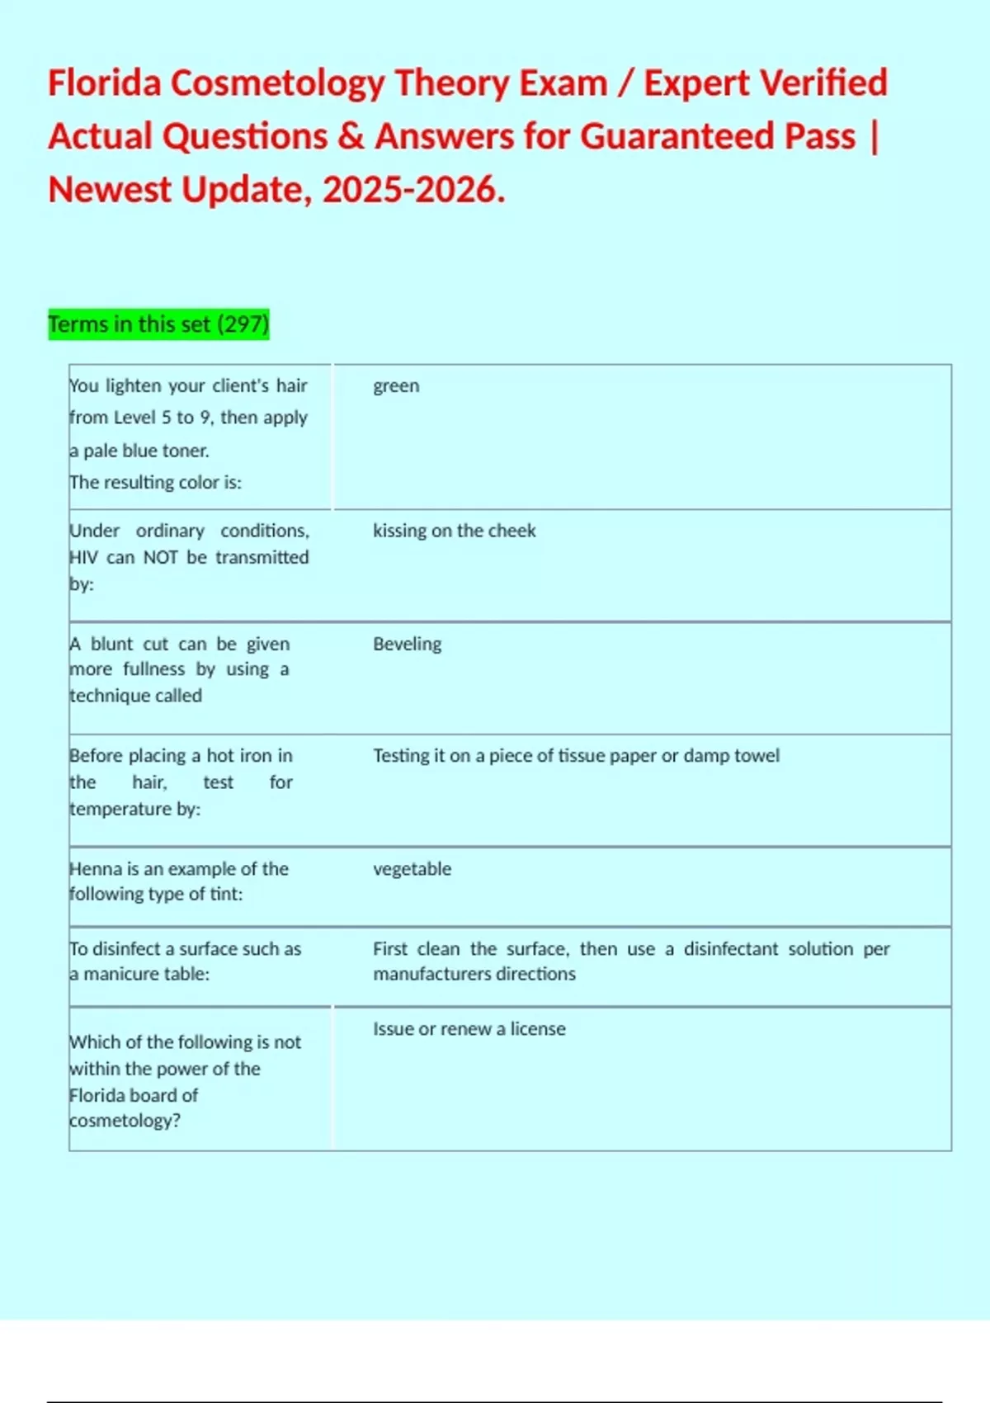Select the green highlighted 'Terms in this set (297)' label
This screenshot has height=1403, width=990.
coord(158,324)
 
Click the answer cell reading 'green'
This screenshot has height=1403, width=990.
coord(396,386)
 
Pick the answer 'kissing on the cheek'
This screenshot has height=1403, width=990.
coord(454,531)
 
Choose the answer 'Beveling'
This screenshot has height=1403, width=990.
coord(407,644)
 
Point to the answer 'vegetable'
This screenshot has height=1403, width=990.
coord(412,869)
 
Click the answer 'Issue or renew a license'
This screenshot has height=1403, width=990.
coord(469,1029)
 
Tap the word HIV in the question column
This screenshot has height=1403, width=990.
coord(83,558)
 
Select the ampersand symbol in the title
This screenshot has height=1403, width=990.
coord(351,137)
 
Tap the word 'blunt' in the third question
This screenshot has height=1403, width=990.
coord(111,645)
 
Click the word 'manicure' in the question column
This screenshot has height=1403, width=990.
coord(121,975)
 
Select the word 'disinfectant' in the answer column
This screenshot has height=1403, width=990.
coord(730,949)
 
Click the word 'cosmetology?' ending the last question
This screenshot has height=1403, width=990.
coord(125,1121)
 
